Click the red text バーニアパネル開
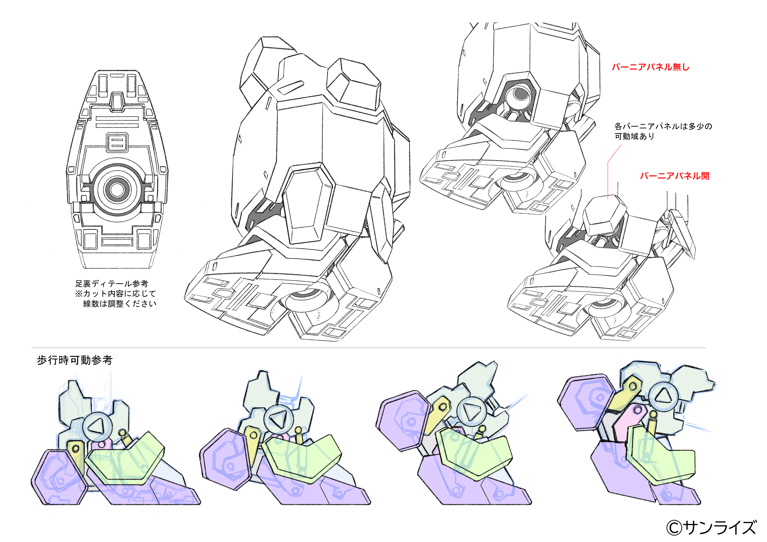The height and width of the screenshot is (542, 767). (674, 176)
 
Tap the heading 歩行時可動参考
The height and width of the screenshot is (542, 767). (75, 360)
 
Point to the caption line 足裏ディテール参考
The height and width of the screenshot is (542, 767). (111, 284)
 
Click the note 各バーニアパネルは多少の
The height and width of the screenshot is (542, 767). (663, 126)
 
